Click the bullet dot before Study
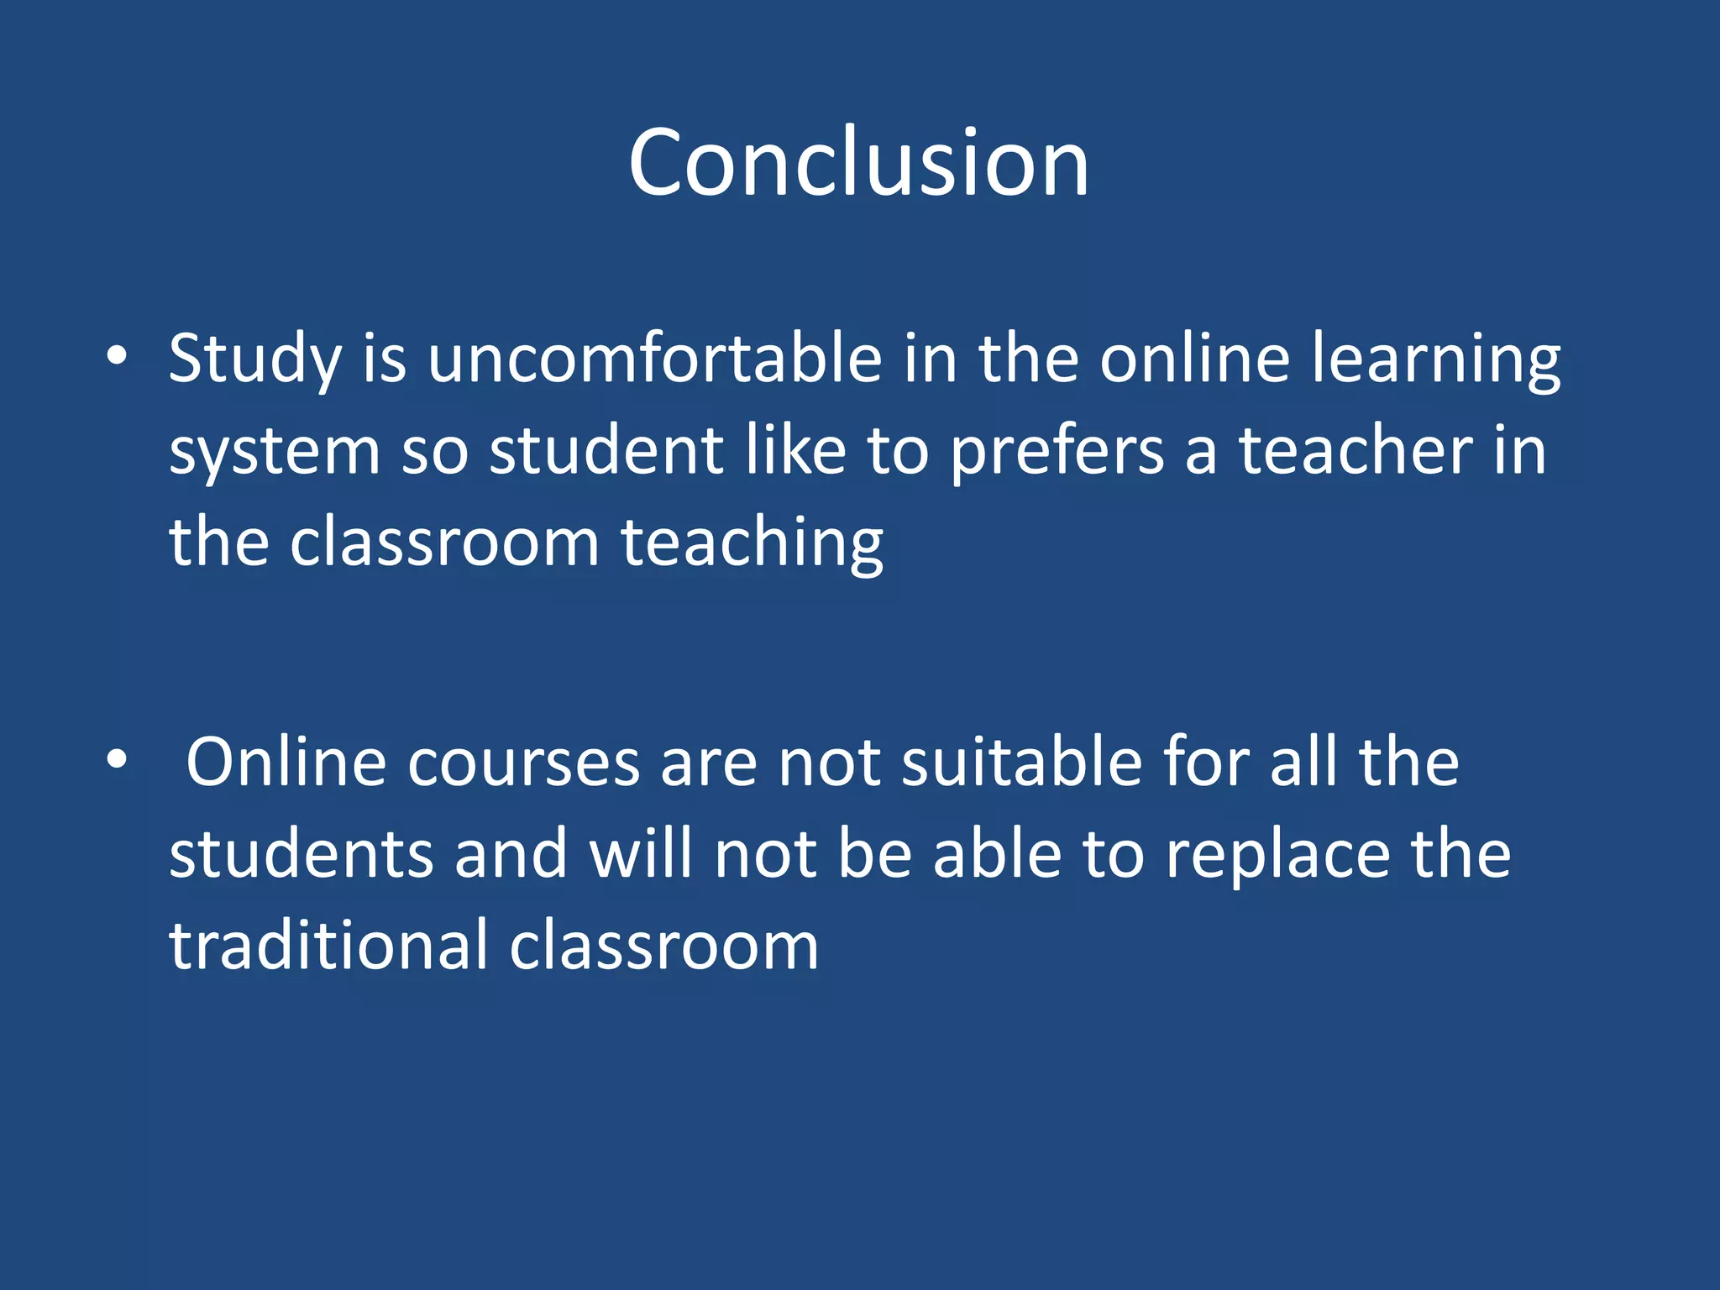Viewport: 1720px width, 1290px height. pos(117,356)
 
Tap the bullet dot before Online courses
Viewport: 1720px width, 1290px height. pos(117,760)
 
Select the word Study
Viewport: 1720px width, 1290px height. pos(254,359)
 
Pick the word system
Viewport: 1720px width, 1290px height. pos(275,452)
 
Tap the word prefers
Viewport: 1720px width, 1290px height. pos(1057,452)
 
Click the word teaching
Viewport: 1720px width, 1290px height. pos(752,543)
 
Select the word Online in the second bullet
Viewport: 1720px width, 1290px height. pos(286,762)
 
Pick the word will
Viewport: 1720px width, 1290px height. pos(641,854)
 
